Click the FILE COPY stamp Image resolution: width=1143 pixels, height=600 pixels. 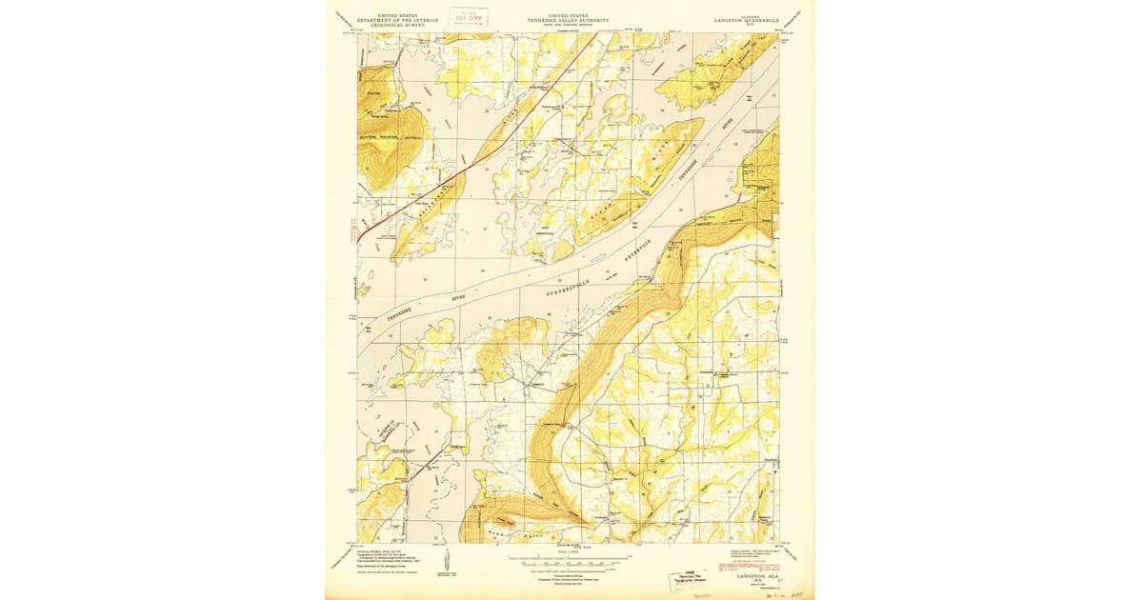(x=470, y=16)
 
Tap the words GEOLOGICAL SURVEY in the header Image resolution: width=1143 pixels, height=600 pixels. (x=388, y=26)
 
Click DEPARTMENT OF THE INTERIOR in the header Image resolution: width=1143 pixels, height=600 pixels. (x=388, y=21)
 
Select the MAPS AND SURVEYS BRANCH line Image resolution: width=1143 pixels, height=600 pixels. (x=569, y=26)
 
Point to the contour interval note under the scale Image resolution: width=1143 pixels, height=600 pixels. (x=569, y=573)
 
